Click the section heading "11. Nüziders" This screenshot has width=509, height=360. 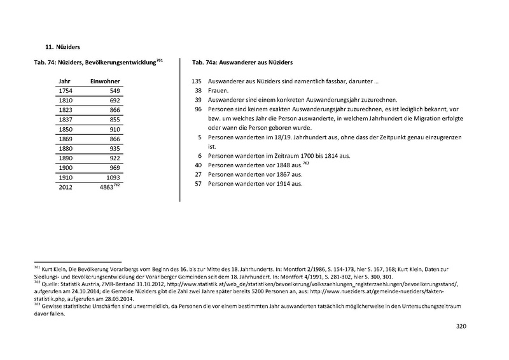(x=62, y=46)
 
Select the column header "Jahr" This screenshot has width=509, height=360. (x=64, y=82)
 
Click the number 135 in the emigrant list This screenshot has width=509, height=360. (x=196, y=82)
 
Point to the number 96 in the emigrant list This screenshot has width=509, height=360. (x=197, y=109)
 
